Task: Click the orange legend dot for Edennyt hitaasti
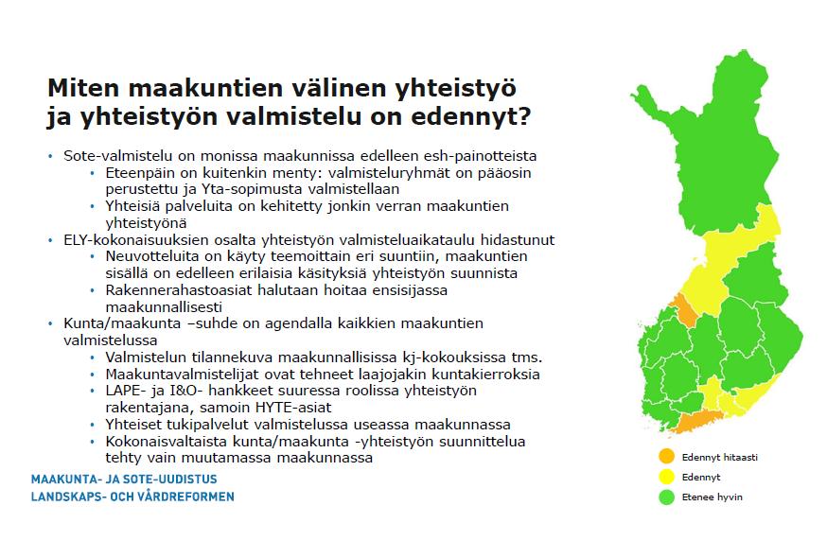[x=667, y=456]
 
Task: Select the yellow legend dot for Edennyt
[x=667, y=477]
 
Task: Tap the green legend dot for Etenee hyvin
[x=667, y=497]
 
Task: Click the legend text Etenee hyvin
[x=712, y=497]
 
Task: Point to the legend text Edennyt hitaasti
[x=719, y=457]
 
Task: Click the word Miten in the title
[x=83, y=88]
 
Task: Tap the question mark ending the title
[x=523, y=116]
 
